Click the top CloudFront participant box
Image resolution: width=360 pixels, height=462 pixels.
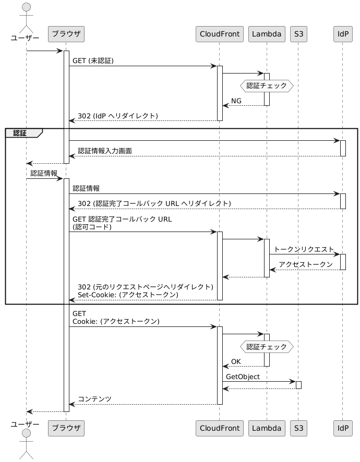(219, 34)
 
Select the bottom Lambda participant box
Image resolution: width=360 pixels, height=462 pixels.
(267, 428)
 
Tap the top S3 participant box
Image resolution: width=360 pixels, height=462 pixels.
(298, 34)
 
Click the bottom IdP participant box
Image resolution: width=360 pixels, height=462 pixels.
(343, 428)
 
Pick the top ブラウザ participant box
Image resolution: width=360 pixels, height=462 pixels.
(66, 34)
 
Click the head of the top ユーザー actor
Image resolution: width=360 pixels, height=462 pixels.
(26, 7)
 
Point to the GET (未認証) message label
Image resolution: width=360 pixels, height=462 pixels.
(93, 60)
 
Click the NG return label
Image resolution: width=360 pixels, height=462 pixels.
(236, 101)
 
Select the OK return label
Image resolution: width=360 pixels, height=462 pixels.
(236, 361)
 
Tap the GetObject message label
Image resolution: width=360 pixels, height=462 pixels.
(243, 377)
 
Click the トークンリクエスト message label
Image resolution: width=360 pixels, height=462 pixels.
(304, 249)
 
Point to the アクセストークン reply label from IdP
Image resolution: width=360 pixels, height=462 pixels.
(306, 264)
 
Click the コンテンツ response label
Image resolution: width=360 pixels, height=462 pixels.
(94, 399)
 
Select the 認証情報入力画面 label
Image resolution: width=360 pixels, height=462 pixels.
(105, 151)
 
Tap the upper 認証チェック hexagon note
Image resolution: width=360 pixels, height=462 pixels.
(267, 86)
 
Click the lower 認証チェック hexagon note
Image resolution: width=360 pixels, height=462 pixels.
(267, 347)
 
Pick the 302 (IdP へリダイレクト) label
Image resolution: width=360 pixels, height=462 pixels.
(118, 116)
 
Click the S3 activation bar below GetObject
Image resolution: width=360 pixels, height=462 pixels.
(298, 385)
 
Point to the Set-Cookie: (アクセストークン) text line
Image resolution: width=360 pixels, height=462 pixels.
(128, 295)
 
